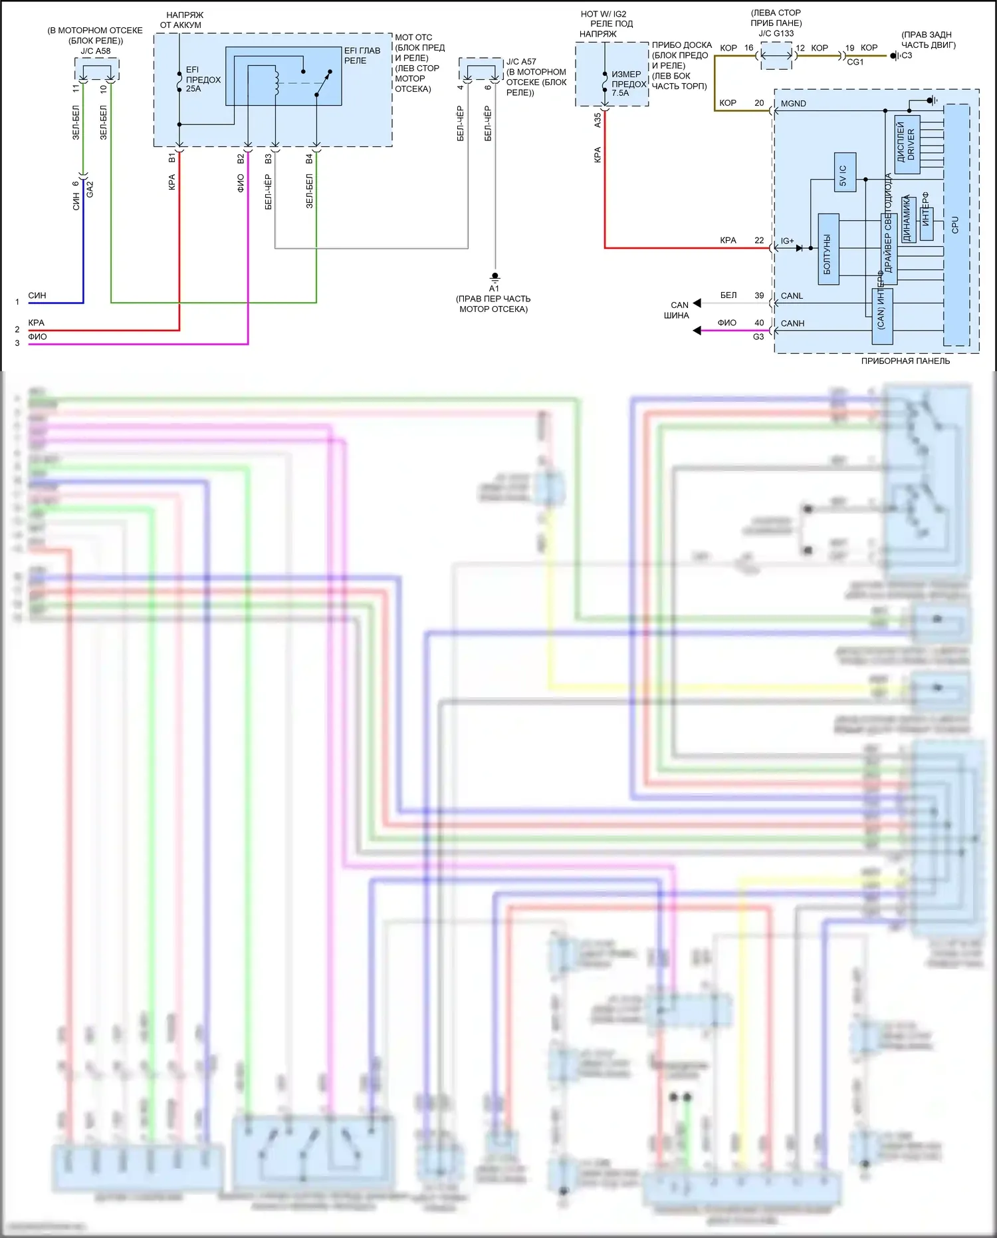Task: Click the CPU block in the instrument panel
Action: (956, 224)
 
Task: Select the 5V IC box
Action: (844, 172)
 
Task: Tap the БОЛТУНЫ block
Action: (828, 249)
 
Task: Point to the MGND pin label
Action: (793, 104)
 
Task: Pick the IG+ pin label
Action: (787, 241)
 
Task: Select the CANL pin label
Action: (792, 296)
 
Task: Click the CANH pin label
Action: (792, 323)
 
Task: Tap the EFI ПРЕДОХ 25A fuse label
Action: (203, 79)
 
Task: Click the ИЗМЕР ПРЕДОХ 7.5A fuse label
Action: (628, 84)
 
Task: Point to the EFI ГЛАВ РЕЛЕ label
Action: (362, 55)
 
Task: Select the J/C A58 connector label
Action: (96, 51)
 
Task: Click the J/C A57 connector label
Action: (521, 62)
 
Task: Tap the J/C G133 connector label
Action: (776, 33)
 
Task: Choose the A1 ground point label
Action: (494, 289)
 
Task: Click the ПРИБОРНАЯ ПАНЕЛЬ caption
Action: (905, 361)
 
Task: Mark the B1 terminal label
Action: (172, 158)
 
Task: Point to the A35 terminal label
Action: (598, 120)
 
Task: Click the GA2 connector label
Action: (90, 189)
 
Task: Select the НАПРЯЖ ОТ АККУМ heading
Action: (181, 20)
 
